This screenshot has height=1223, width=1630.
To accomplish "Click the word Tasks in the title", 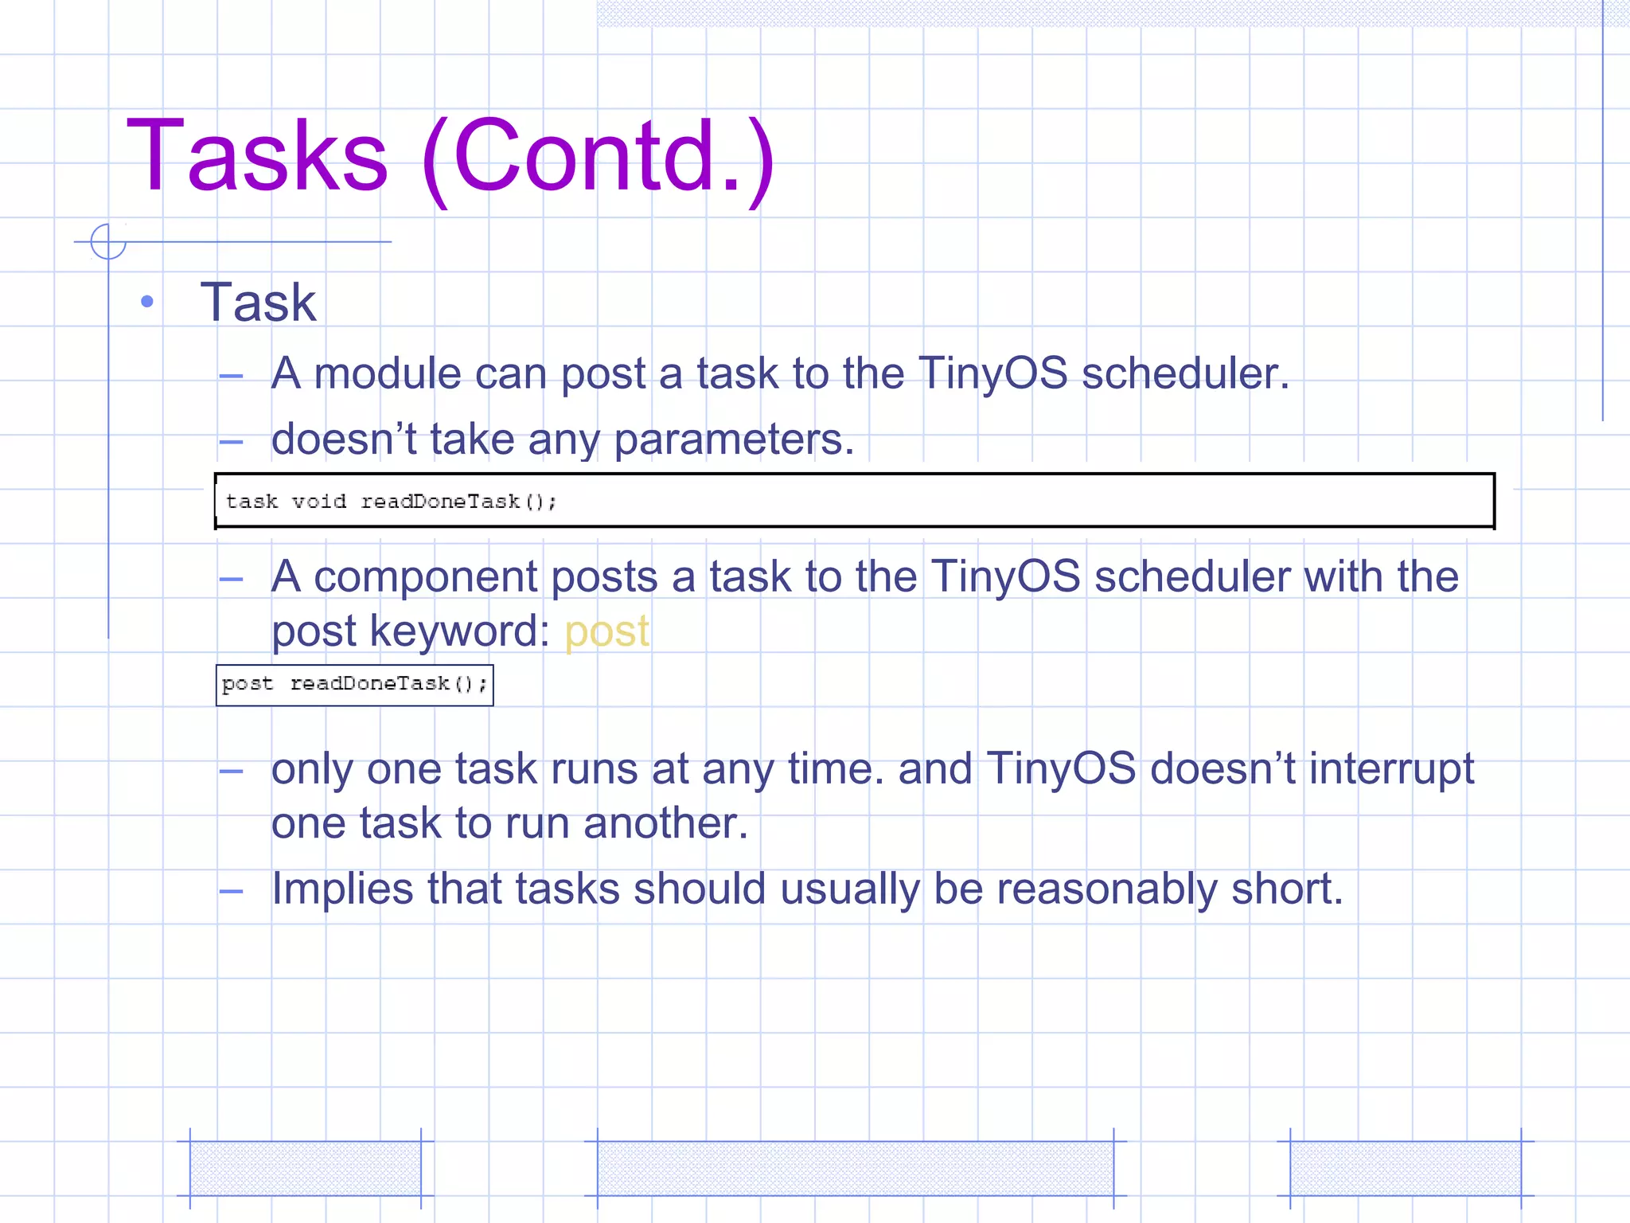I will tap(257, 155).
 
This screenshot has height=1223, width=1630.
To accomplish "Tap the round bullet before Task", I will tap(146, 302).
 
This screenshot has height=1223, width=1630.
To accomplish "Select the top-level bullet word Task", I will tap(258, 303).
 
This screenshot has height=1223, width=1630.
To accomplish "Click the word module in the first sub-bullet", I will tap(388, 373).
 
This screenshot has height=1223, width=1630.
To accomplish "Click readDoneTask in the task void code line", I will tap(440, 502).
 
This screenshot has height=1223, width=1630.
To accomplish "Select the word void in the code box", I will tap(318, 502).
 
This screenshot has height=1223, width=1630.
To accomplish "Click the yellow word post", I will tap(606, 632).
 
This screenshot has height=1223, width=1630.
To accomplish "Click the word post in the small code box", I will tap(247, 684).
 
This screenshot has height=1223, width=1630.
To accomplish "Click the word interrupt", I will tap(1391, 769).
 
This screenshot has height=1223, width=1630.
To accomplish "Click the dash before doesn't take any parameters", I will tap(231, 442).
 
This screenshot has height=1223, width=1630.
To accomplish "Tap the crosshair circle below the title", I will tap(108, 241).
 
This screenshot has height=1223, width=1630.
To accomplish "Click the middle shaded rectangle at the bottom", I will tap(855, 1168).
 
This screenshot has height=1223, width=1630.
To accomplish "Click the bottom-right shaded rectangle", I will tap(1405, 1168).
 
